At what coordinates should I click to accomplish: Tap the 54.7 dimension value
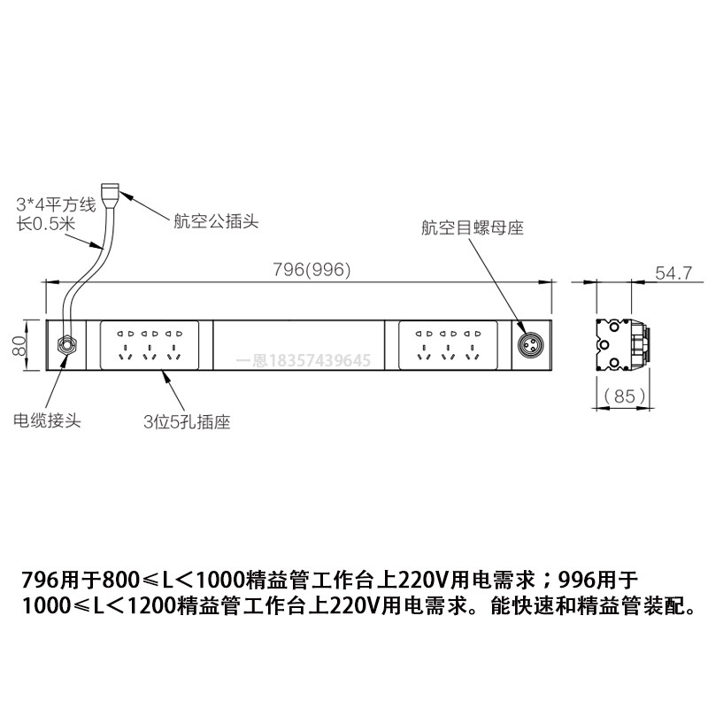[672, 273]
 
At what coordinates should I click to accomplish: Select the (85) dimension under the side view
[624, 396]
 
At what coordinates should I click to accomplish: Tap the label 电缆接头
[45, 419]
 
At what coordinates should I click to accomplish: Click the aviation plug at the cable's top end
[111, 192]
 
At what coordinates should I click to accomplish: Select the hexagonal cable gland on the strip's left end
[66, 343]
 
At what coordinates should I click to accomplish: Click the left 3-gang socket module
[150, 343]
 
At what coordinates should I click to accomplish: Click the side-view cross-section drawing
[623, 343]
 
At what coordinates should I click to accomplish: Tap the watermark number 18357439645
[324, 360]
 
